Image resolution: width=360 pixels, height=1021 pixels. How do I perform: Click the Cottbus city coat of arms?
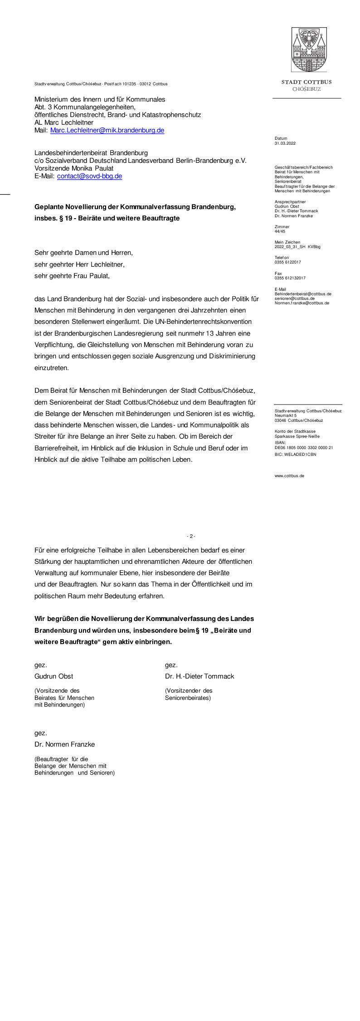click(309, 49)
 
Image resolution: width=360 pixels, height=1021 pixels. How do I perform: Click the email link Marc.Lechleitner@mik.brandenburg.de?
click(107, 131)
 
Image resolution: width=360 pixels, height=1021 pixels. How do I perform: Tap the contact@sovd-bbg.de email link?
click(89, 176)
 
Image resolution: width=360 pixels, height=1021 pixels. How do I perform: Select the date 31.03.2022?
click(285, 143)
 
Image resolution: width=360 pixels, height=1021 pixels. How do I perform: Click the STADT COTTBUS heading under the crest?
click(306, 82)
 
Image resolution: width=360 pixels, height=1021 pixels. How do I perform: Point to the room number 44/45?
click(280, 231)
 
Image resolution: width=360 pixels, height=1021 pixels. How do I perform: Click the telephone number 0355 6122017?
click(287, 262)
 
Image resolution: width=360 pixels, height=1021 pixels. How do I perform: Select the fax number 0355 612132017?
click(290, 278)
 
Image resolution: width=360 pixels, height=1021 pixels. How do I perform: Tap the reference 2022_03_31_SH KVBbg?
click(297, 247)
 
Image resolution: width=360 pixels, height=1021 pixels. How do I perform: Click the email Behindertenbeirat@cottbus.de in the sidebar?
click(303, 294)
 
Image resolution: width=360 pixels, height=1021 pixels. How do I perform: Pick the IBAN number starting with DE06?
click(303, 448)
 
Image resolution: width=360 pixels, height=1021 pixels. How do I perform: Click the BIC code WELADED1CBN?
click(295, 454)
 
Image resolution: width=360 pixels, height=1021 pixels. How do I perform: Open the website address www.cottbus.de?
click(289, 476)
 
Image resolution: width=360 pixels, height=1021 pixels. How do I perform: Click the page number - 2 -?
click(191, 536)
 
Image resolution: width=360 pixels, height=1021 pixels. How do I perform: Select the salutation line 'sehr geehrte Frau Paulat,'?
click(72, 276)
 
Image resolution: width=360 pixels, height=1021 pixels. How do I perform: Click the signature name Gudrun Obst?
click(54, 676)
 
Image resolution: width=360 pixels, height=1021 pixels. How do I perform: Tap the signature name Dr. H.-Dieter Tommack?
click(199, 676)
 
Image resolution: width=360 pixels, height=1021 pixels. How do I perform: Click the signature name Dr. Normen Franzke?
click(64, 744)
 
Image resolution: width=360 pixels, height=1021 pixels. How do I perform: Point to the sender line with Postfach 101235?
click(101, 84)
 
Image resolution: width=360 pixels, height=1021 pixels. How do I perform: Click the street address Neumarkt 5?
click(285, 415)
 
